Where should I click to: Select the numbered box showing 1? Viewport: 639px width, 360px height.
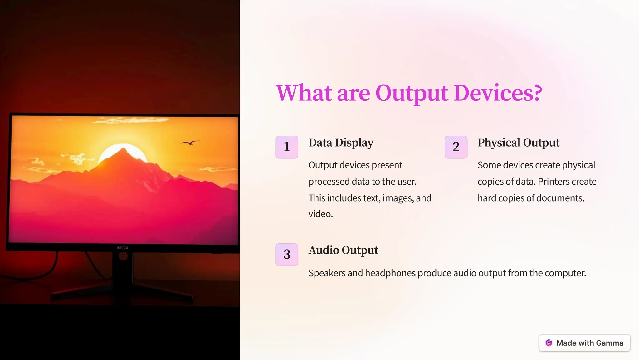click(x=287, y=147)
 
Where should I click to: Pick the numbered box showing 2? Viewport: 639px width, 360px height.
click(x=456, y=147)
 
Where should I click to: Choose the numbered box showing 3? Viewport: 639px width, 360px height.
click(x=287, y=255)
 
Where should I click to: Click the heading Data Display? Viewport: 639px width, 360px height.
click(x=341, y=143)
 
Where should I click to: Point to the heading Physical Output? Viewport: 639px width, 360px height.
click(x=518, y=143)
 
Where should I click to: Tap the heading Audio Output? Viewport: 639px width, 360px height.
click(x=343, y=250)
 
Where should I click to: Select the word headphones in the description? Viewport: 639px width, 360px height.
click(x=390, y=273)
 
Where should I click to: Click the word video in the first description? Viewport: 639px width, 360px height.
click(x=320, y=214)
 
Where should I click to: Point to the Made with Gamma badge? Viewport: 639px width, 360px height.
click(x=584, y=343)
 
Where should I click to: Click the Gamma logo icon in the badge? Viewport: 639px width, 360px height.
click(x=549, y=343)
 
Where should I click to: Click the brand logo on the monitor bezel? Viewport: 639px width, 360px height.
click(x=122, y=248)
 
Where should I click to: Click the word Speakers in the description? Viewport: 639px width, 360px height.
click(x=327, y=273)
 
